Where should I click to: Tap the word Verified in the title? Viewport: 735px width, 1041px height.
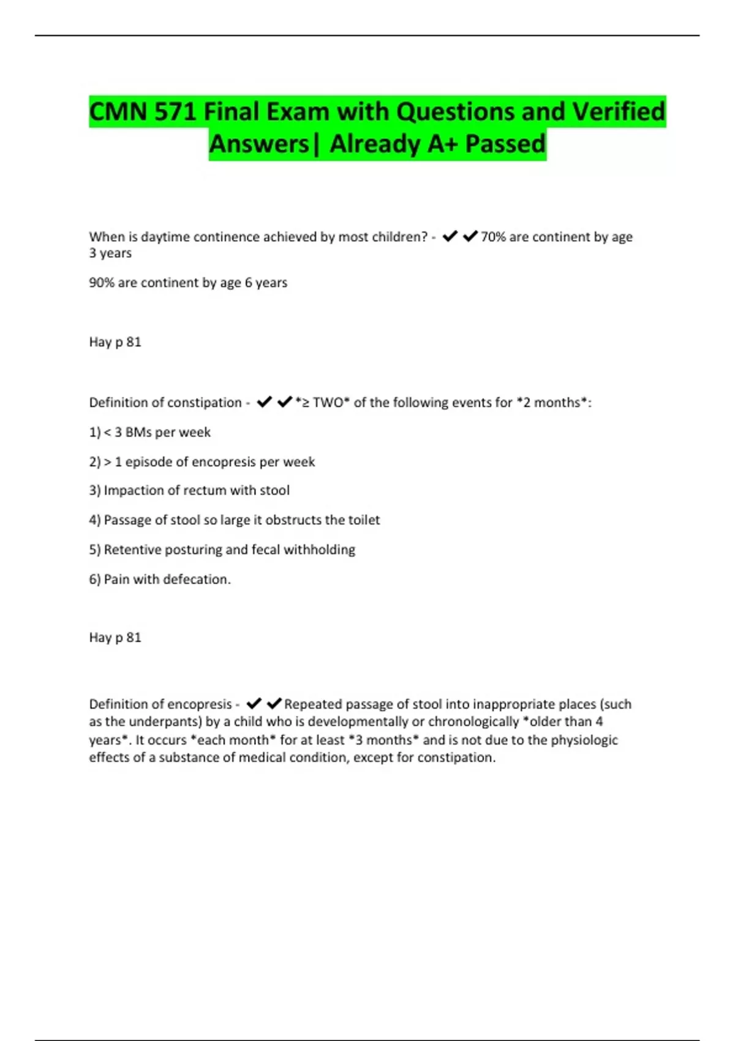618,112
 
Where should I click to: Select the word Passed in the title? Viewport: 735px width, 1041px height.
505,145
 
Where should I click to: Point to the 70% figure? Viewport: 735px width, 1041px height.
493,237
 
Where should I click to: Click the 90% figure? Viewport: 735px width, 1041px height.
102,283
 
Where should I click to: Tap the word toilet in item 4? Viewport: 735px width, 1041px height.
364,520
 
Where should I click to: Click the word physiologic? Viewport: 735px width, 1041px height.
584,740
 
